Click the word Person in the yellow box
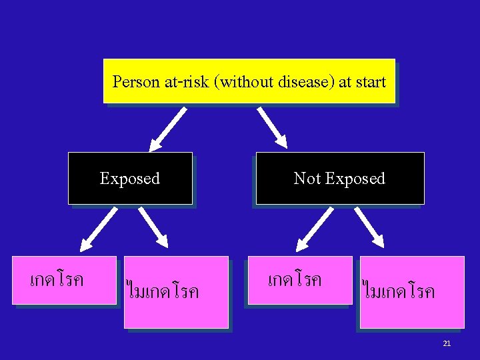tap(136, 82)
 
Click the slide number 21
tap(447, 343)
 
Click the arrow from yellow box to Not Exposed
tap(272, 128)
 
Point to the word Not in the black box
tap(307, 179)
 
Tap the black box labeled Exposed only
tap(130, 178)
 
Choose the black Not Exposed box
tap(340, 178)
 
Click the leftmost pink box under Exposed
tap(65, 280)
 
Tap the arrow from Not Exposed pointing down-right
tap(369, 227)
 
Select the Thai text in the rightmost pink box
tap(399, 291)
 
